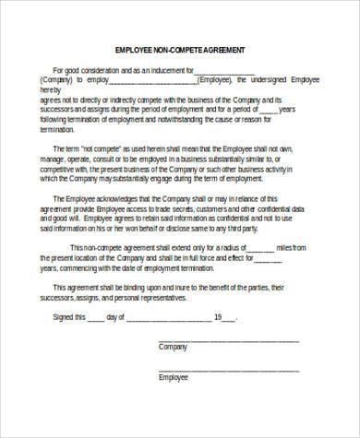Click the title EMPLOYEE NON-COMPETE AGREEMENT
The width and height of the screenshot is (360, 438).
(x=180, y=49)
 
